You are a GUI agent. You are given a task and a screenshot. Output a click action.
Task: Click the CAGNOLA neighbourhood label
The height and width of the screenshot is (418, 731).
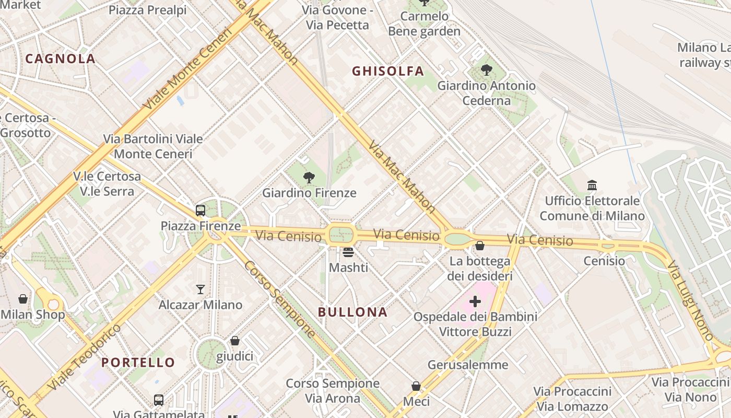click(60, 59)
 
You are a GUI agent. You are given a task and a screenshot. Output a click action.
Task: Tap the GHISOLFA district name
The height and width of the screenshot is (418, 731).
click(387, 72)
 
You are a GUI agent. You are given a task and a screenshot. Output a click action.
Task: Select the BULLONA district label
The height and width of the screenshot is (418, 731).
click(352, 312)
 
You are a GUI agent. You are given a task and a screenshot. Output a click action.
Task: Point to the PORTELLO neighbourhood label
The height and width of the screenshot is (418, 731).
click(138, 362)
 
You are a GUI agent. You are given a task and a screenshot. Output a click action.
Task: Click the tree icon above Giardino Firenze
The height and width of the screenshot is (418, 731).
click(309, 178)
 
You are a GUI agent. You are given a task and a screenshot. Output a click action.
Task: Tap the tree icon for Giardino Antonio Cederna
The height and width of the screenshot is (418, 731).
click(487, 69)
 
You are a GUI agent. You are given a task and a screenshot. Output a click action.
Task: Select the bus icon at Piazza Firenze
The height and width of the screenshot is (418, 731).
click(201, 211)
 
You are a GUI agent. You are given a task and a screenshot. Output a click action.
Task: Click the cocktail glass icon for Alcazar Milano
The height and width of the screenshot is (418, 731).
click(201, 289)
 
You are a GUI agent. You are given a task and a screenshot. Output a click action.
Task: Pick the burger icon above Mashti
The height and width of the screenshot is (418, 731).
click(348, 252)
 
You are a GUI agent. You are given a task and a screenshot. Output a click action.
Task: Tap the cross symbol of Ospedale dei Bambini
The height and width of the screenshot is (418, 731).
click(475, 301)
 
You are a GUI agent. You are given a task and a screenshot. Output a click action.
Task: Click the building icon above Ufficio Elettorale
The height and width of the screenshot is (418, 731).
click(592, 185)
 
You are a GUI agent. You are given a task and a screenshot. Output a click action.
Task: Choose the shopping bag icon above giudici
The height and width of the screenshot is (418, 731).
click(235, 341)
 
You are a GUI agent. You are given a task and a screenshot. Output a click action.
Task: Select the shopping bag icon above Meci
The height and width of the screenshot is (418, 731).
click(416, 386)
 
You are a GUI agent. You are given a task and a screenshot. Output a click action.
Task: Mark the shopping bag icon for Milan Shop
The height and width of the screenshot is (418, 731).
click(23, 299)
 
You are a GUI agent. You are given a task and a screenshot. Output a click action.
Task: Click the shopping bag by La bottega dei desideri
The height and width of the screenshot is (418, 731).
click(480, 245)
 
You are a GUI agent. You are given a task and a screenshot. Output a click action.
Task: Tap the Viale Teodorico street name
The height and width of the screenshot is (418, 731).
click(85, 357)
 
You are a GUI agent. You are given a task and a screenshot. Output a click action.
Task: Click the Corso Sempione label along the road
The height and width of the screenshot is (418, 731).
click(280, 299)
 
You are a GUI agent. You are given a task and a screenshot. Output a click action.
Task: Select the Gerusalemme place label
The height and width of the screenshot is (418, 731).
click(467, 365)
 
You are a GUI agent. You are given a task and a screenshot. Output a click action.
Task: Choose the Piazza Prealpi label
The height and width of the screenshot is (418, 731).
click(147, 10)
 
